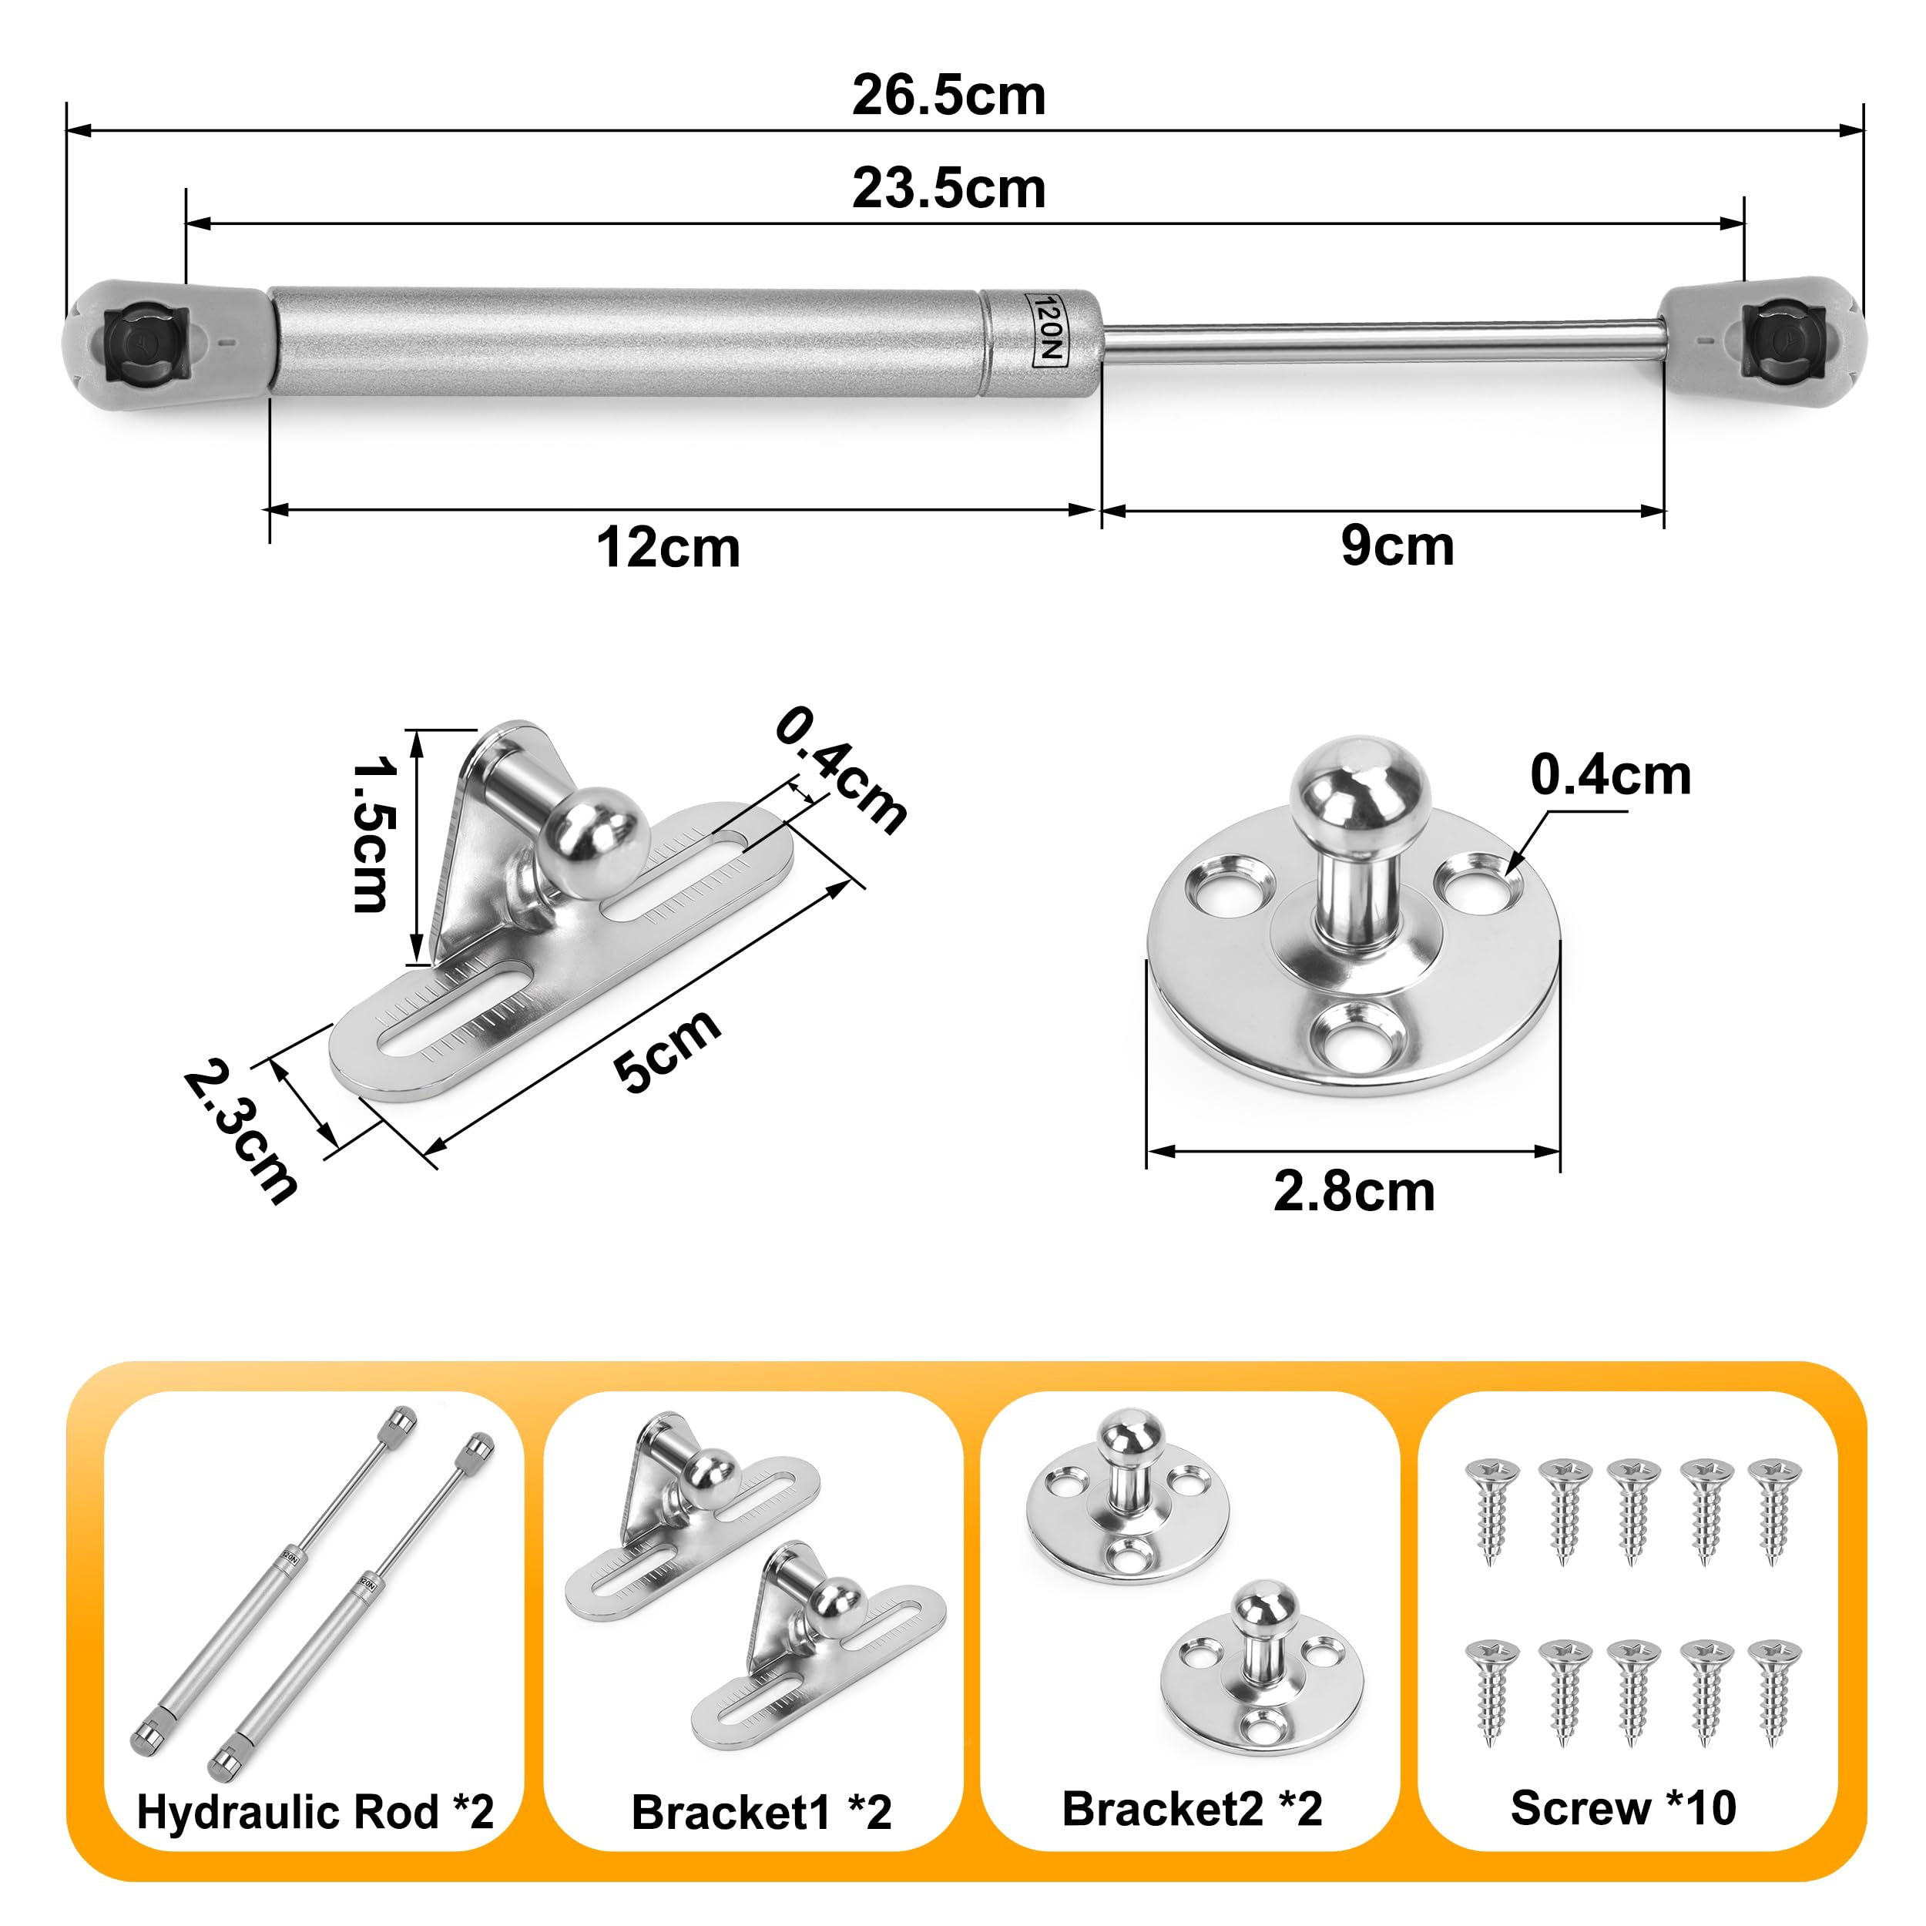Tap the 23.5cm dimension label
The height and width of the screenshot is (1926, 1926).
(948, 189)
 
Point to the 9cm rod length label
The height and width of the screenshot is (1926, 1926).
(1397, 545)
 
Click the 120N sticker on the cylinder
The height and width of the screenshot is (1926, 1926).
(1048, 330)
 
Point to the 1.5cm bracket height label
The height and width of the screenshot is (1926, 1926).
(375, 834)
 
